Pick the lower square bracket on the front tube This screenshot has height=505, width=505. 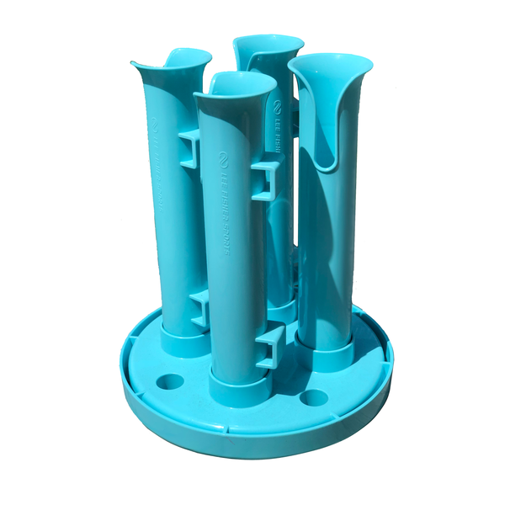click(267, 345)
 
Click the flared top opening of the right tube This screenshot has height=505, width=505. click(329, 68)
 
